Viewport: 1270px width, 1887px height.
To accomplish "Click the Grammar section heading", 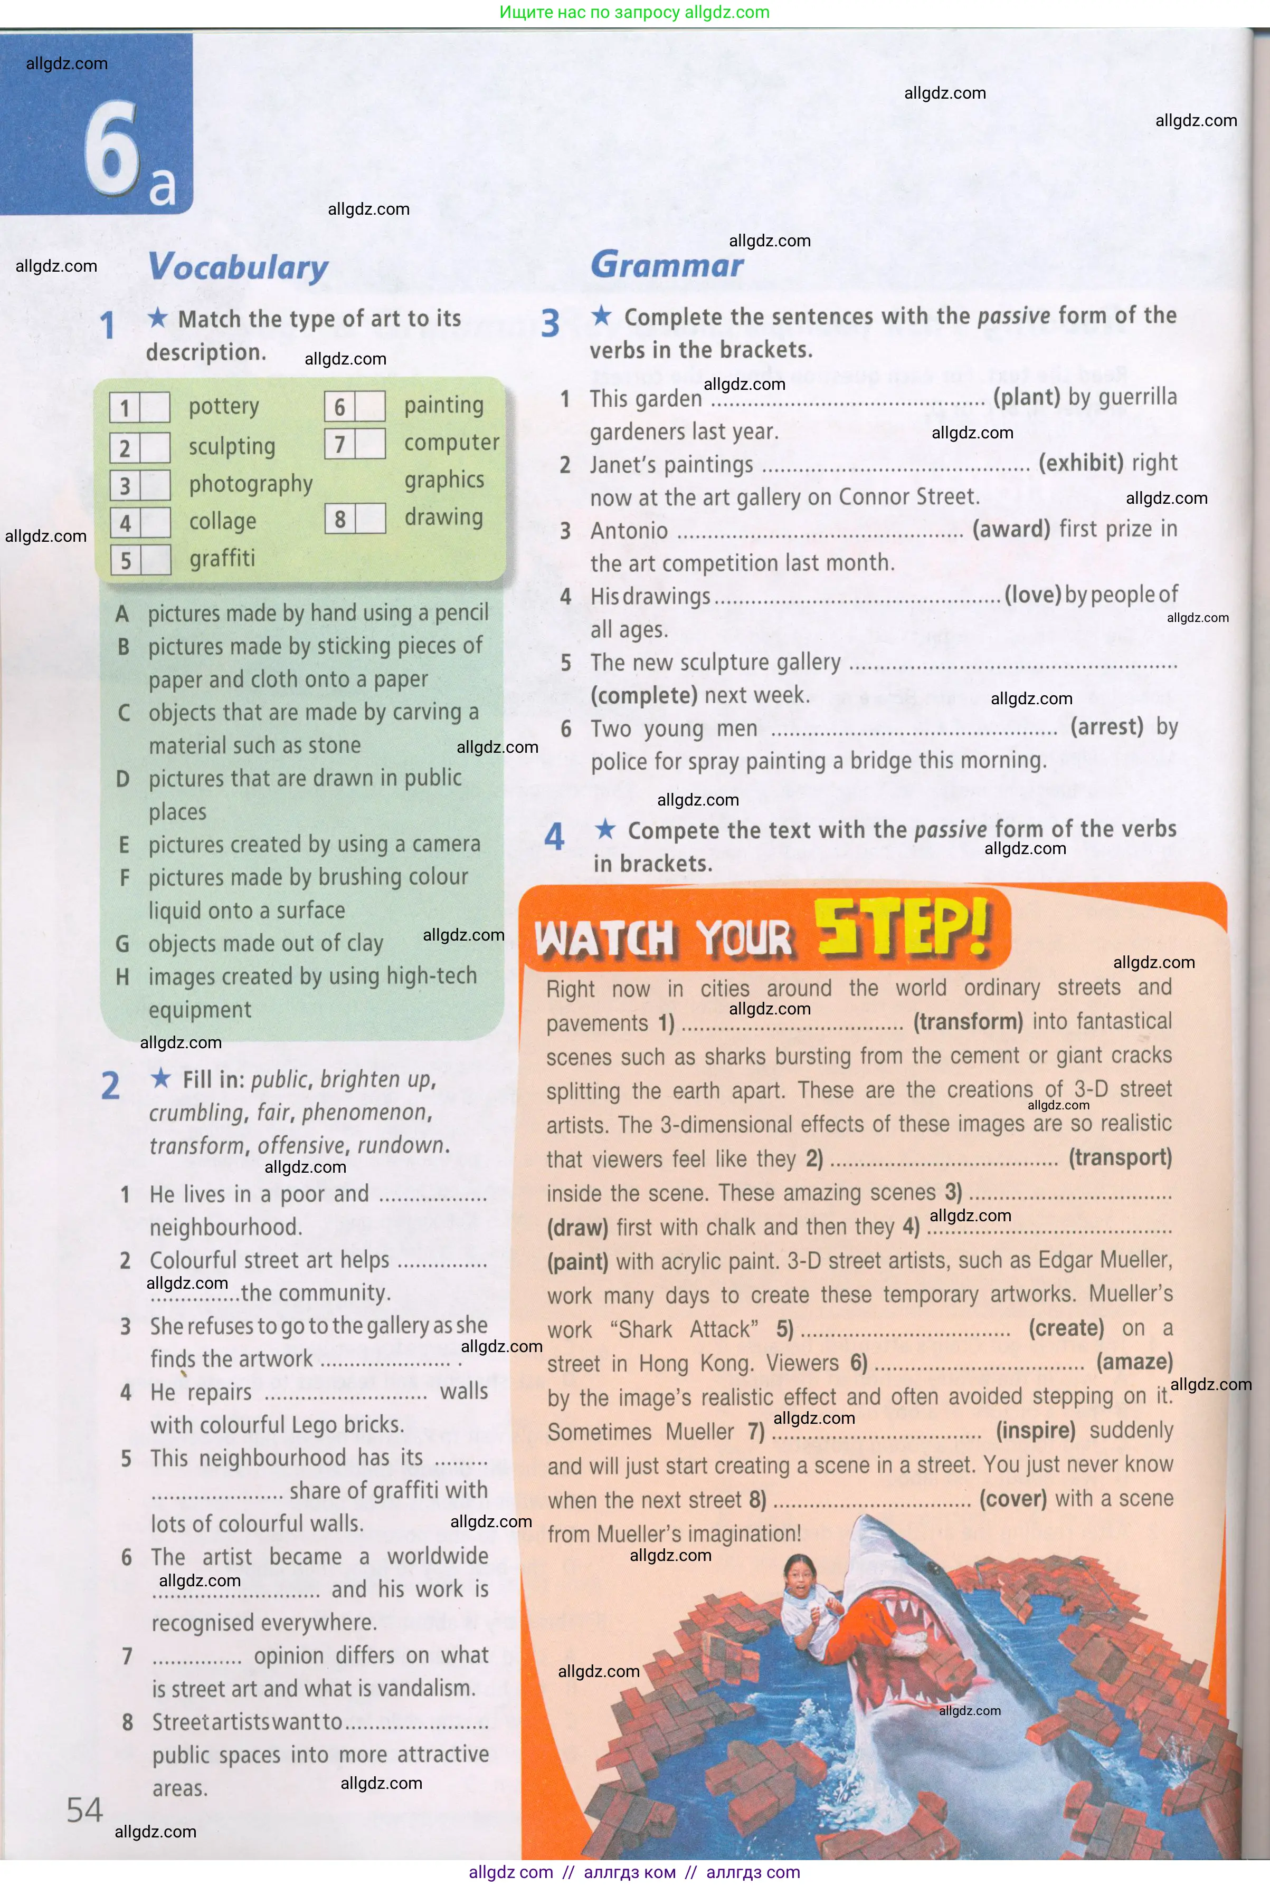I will (x=667, y=265).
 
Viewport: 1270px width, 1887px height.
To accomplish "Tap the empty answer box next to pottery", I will (x=155, y=407).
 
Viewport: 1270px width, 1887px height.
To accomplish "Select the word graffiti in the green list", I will (x=222, y=559).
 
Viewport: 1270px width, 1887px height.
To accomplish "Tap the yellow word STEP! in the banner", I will (x=902, y=928).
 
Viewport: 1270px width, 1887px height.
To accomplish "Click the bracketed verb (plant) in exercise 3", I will (x=1026, y=397).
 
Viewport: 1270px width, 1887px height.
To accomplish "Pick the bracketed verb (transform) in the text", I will (x=968, y=1022).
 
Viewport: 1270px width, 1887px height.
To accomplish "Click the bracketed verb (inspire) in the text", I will (x=1035, y=1431).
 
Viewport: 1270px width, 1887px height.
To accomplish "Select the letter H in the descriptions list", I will (x=122, y=977).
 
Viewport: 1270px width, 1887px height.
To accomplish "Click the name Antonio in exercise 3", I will (x=629, y=531).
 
